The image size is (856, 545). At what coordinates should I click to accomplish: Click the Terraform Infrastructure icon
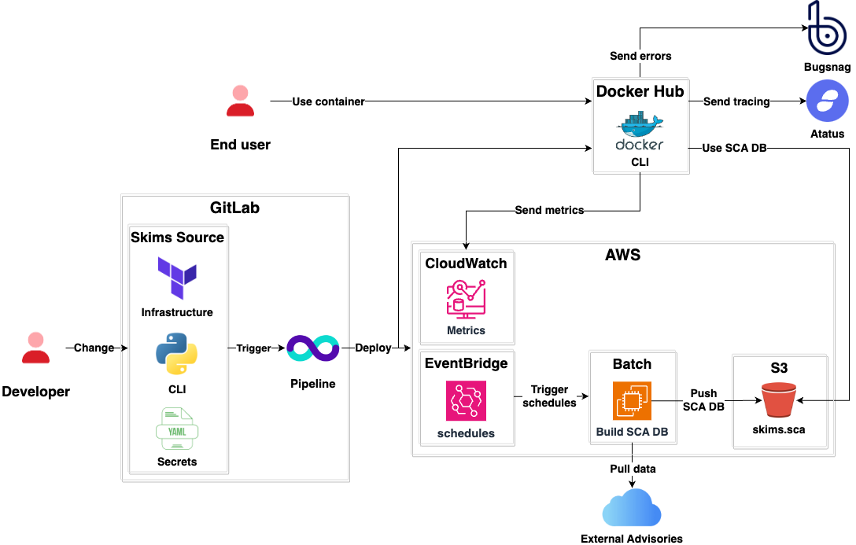(x=177, y=278)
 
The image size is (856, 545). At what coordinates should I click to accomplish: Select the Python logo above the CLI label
(x=177, y=353)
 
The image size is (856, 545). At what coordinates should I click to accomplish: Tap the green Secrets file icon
(x=177, y=429)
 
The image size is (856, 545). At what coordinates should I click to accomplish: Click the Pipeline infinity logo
(x=312, y=348)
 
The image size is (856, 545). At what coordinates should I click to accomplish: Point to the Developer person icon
(x=35, y=348)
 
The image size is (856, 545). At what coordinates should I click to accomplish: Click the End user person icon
(x=240, y=101)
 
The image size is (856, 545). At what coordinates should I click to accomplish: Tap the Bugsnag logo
(x=827, y=28)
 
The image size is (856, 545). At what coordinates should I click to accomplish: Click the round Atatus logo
(x=827, y=101)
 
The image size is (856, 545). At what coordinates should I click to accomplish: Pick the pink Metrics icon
(x=466, y=298)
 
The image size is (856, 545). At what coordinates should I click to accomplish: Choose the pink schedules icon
(x=466, y=401)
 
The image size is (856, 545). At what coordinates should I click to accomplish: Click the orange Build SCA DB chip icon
(x=632, y=401)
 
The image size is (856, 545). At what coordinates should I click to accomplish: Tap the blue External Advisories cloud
(x=632, y=507)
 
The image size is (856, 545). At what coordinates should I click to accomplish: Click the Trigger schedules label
(x=549, y=396)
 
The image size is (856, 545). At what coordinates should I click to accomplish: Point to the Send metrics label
(x=549, y=210)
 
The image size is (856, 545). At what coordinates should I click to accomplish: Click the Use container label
(x=328, y=101)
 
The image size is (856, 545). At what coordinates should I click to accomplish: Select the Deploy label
(x=373, y=348)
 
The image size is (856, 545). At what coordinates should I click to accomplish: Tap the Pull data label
(x=633, y=469)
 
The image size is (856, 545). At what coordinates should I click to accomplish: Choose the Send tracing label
(x=736, y=101)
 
